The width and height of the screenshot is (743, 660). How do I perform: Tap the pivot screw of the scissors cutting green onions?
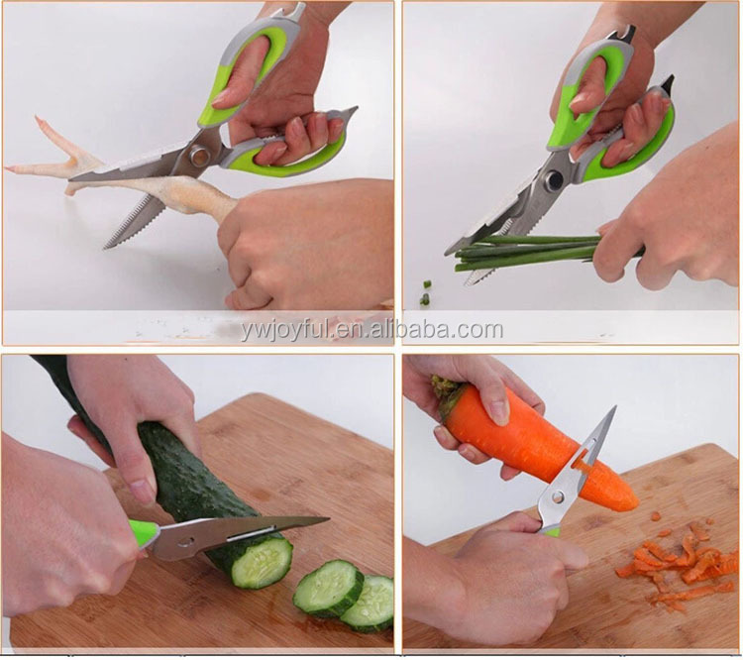pyautogui.click(x=554, y=179)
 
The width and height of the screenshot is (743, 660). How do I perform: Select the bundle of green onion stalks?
pyautogui.click(x=526, y=254)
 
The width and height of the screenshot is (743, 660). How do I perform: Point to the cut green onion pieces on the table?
pyautogui.click(x=426, y=291)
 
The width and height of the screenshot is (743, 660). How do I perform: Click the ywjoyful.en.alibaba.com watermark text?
pyautogui.click(x=371, y=329)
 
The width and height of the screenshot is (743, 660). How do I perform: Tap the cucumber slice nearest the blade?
pyautogui.click(x=262, y=563)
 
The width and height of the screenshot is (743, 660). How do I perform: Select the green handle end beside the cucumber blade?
pyautogui.click(x=143, y=534)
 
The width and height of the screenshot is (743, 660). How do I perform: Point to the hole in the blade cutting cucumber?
pyautogui.click(x=186, y=541)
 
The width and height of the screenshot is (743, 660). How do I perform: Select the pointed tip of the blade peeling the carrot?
pyautogui.click(x=614, y=408)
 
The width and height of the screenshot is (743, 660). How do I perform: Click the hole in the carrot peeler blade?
pyautogui.click(x=558, y=496)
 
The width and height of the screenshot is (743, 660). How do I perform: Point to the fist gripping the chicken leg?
pyautogui.click(x=303, y=242)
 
